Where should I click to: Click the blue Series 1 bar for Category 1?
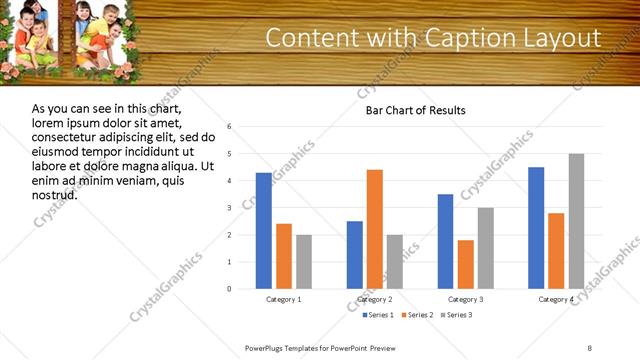click(263, 231)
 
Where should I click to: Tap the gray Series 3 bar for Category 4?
click(576, 221)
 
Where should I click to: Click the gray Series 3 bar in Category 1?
click(304, 262)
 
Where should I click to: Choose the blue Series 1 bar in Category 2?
click(355, 255)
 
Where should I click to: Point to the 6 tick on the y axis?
click(230, 127)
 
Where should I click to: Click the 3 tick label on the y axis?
click(230, 208)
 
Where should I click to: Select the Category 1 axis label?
click(284, 299)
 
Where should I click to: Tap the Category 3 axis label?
click(466, 299)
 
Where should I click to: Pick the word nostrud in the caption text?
click(55, 194)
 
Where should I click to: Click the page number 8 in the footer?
click(590, 347)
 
